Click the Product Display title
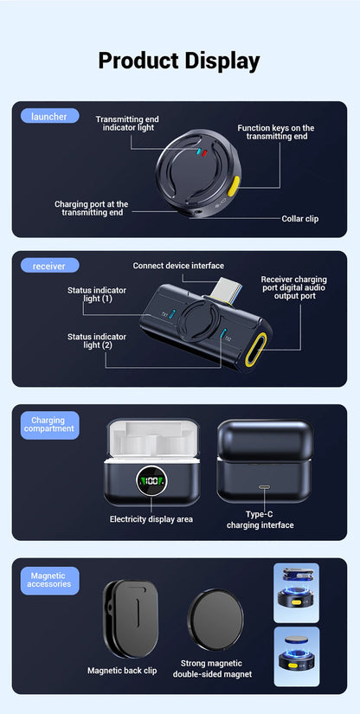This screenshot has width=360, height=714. pyautogui.click(x=179, y=61)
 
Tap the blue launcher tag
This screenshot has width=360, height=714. pyautogui.click(x=48, y=116)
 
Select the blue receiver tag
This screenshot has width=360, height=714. pyautogui.click(x=48, y=266)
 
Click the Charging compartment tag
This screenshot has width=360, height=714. pyautogui.click(x=49, y=425)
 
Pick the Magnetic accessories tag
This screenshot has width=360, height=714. pyautogui.click(x=49, y=580)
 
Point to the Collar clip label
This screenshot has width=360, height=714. pyautogui.click(x=299, y=219)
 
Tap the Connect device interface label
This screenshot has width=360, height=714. pyautogui.click(x=178, y=266)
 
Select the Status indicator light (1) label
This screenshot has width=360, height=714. pyautogui.click(x=90, y=293)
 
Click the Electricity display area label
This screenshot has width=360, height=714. pyautogui.click(x=151, y=519)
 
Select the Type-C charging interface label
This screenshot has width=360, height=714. pyautogui.click(x=260, y=519)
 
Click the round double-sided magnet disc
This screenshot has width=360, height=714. pyautogui.click(x=215, y=618)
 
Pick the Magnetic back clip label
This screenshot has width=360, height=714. pyautogui.click(x=122, y=670)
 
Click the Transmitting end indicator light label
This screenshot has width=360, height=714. pyautogui.click(x=127, y=123)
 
